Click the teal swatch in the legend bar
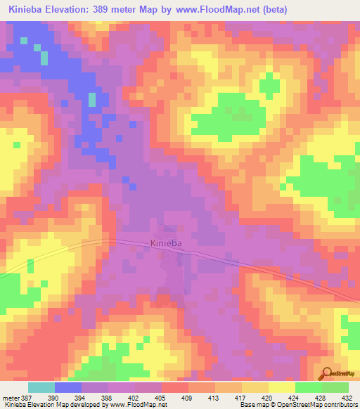[41, 388]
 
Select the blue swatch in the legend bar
[68, 388]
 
